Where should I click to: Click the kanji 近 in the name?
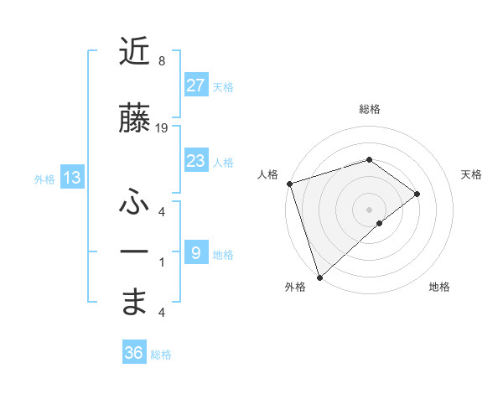click(134, 52)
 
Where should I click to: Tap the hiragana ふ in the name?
click(134, 201)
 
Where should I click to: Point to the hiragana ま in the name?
click(134, 302)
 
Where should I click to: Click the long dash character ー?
click(134, 251)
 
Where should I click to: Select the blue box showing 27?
click(196, 86)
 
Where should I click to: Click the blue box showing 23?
click(196, 161)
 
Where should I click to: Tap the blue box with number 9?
click(196, 253)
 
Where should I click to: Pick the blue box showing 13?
click(72, 178)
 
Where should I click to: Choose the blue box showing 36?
click(134, 353)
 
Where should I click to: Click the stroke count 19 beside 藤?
click(162, 127)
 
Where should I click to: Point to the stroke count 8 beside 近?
click(162, 61)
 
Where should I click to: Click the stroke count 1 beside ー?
click(162, 262)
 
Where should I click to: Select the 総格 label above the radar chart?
click(370, 109)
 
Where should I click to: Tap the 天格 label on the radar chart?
click(472, 174)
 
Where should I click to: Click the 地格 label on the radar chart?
click(439, 287)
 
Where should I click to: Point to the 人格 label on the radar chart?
click(267, 174)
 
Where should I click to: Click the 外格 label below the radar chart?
click(295, 287)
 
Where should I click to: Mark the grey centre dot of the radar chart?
click(369, 209)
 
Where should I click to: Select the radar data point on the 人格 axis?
click(289, 183)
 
